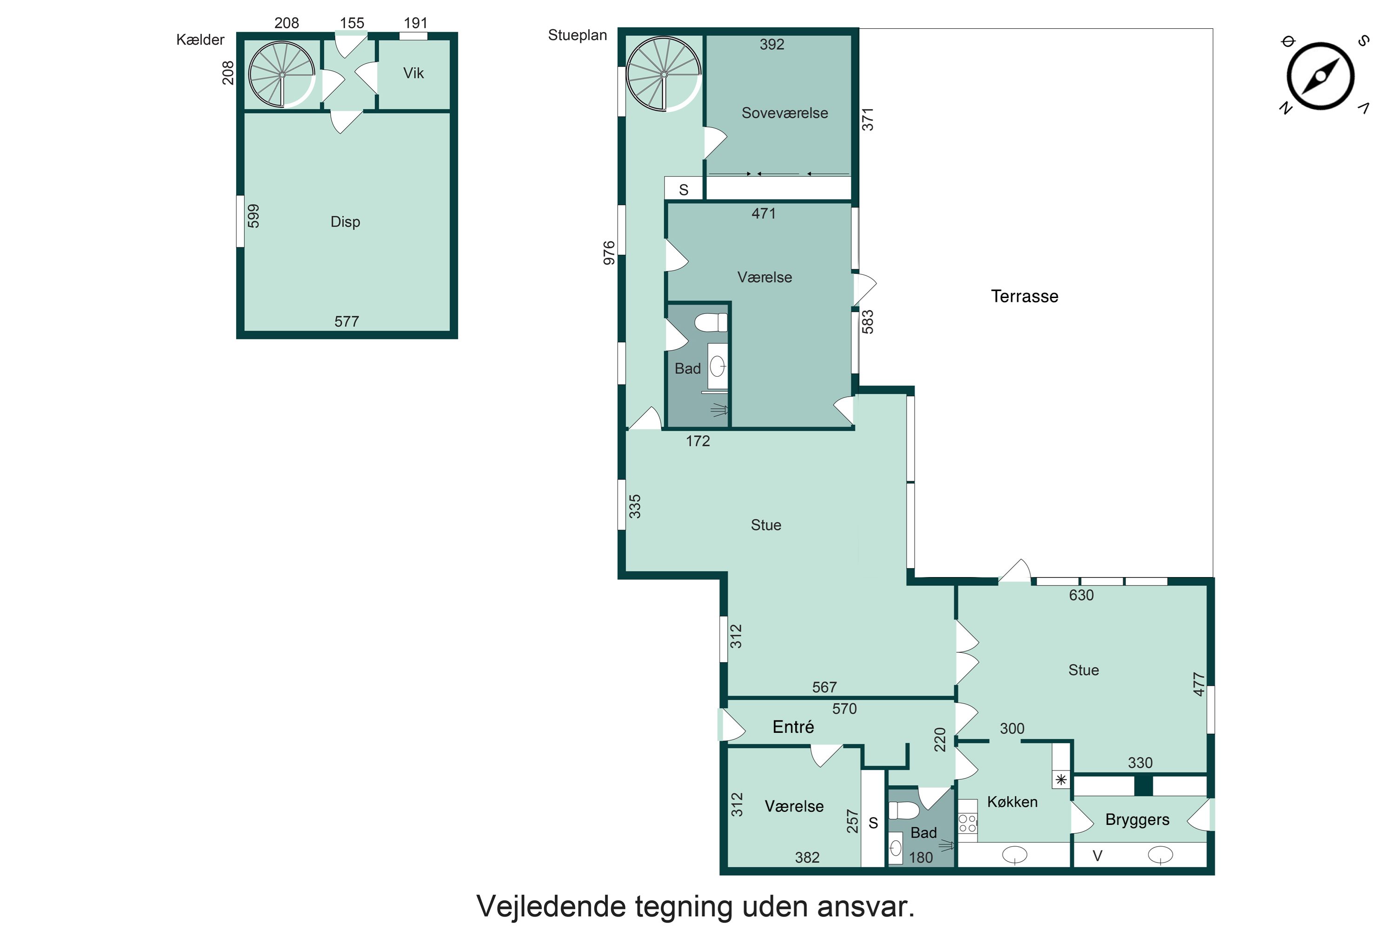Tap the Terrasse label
1024,296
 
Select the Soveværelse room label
785,113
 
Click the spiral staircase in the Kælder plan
282,74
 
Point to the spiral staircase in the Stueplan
664,74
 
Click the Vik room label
413,73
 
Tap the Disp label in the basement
345,222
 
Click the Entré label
793,726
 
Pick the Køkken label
1012,802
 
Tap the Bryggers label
1137,820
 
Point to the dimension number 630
1081,595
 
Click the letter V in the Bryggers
1097,856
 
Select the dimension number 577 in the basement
347,321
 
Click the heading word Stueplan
577,35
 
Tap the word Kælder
200,40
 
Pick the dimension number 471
764,213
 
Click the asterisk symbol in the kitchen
1061,779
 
